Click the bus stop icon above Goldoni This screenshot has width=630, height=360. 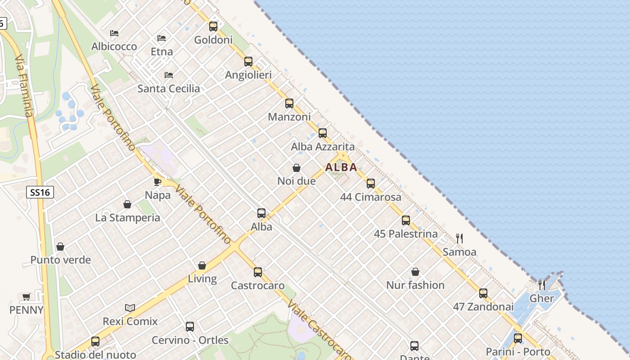click(x=213, y=27)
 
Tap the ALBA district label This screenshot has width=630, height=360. click(x=341, y=167)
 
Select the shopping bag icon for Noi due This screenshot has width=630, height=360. click(x=297, y=168)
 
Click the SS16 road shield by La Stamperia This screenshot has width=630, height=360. click(x=40, y=193)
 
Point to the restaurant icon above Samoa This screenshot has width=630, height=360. click(x=459, y=238)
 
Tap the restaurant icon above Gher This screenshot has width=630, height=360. click(x=542, y=285)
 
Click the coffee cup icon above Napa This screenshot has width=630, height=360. click(x=157, y=182)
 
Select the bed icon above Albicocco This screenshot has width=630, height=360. click(x=114, y=33)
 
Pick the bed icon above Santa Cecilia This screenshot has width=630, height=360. click(x=169, y=75)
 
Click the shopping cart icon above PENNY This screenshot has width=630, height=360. click(x=27, y=297)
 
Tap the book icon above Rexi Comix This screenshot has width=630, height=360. click(x=130, y=308)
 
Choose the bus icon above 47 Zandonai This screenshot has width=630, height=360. click(x=483, y=293)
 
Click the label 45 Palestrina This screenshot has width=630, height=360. click(x=406, y=234)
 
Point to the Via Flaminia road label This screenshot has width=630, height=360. click(x=24, y=85)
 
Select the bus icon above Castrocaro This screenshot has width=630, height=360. click(x=258, y=272)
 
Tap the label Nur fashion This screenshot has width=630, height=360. click(x=415, y=285)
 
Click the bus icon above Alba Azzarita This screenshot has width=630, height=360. click(x=323, y=133)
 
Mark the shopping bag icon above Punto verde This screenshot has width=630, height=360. click(x=60, y=247)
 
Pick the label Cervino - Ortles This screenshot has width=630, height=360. click(x=190, y=340)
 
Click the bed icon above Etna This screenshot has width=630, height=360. click(x=162, y=38)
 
